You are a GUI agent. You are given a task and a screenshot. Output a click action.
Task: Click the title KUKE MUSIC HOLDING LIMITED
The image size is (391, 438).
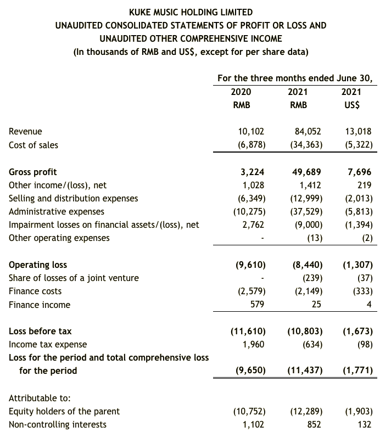[x=191, y=12]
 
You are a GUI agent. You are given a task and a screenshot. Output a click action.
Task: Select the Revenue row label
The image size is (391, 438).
[x=25, y=132]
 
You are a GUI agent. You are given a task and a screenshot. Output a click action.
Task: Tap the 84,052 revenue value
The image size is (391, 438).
[x=308, y=132]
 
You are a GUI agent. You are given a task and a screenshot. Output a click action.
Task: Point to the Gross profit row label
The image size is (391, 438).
[x=33, y=172]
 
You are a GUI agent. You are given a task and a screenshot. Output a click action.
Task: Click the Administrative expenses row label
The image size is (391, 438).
[x=57, y=211]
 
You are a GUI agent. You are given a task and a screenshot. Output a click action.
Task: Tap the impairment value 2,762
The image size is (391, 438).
[x=253, y=224]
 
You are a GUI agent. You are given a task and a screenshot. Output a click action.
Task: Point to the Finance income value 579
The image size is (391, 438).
[x=258, y=304]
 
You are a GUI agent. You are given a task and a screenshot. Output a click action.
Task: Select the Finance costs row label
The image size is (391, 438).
[x=35, y=291]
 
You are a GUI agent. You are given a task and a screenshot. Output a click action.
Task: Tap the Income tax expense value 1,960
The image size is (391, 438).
[x=253, y=344]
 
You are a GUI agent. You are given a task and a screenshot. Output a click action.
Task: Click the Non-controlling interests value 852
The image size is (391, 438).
[x=314, y=424]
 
